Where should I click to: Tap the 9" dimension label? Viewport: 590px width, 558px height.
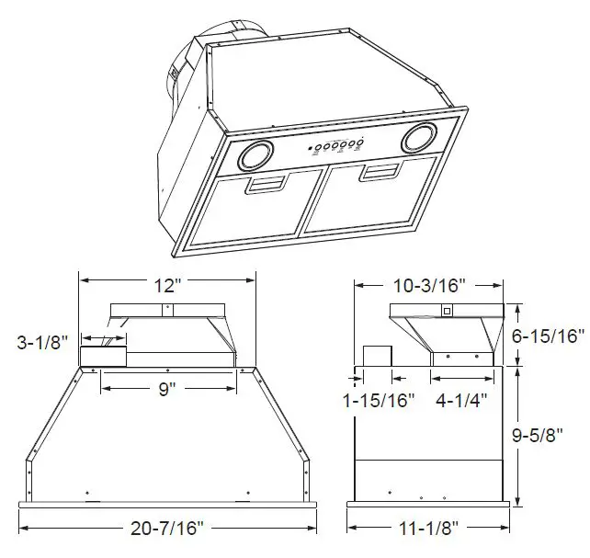165,389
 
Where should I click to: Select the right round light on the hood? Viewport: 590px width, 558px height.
418,139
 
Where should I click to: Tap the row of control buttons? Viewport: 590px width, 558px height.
337,146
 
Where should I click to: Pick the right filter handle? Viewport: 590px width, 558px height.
378,173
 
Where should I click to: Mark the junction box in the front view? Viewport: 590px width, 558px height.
104,356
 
